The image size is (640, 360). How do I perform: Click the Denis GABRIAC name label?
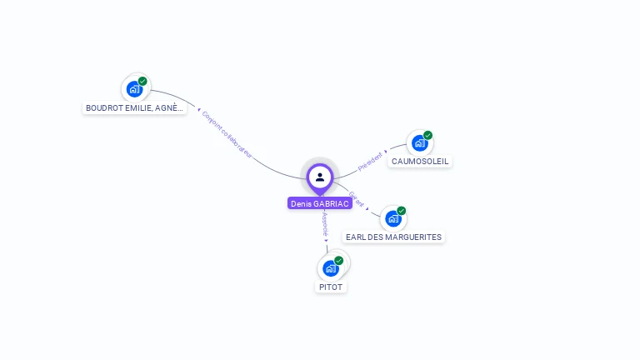point(320,203)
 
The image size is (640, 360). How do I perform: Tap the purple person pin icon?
point(320,177)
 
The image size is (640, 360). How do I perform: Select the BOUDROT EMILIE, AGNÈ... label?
point(134,108)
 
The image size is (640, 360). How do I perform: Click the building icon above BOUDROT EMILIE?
point(134,89)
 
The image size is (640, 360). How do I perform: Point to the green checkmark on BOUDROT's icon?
point(142,81)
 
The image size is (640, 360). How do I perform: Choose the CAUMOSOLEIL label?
point(421,161)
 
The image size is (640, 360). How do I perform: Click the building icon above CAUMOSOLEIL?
point(419,143)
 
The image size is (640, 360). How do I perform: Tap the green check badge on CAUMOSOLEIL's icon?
point(427,135)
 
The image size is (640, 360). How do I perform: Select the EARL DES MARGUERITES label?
point(393,237)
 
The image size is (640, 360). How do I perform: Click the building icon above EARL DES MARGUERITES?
point(392,218)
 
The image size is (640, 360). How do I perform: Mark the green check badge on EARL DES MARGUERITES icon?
point(401,211)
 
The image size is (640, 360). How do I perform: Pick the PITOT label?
point(331,287)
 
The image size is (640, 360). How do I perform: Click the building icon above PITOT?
point(330,268)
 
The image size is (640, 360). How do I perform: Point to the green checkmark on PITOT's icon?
point(338,260)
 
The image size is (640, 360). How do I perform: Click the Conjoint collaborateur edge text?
point(227,135)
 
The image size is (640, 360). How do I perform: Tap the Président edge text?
point(371,162)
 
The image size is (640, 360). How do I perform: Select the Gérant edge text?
point(357,199)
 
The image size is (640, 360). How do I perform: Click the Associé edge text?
point(325,223)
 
